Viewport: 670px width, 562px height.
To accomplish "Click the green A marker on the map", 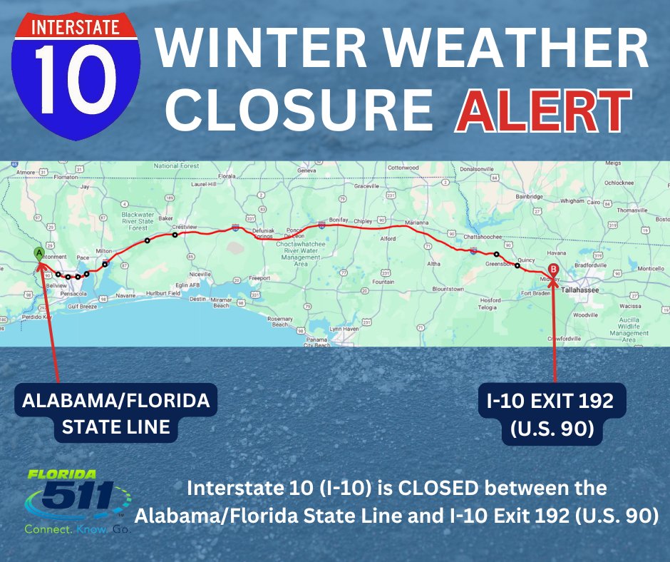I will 38,252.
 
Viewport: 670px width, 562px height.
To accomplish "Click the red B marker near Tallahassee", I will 553,270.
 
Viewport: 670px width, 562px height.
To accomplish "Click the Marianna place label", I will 418,223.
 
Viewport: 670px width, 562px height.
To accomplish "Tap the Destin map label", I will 198,299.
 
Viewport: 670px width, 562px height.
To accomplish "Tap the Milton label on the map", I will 104,251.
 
